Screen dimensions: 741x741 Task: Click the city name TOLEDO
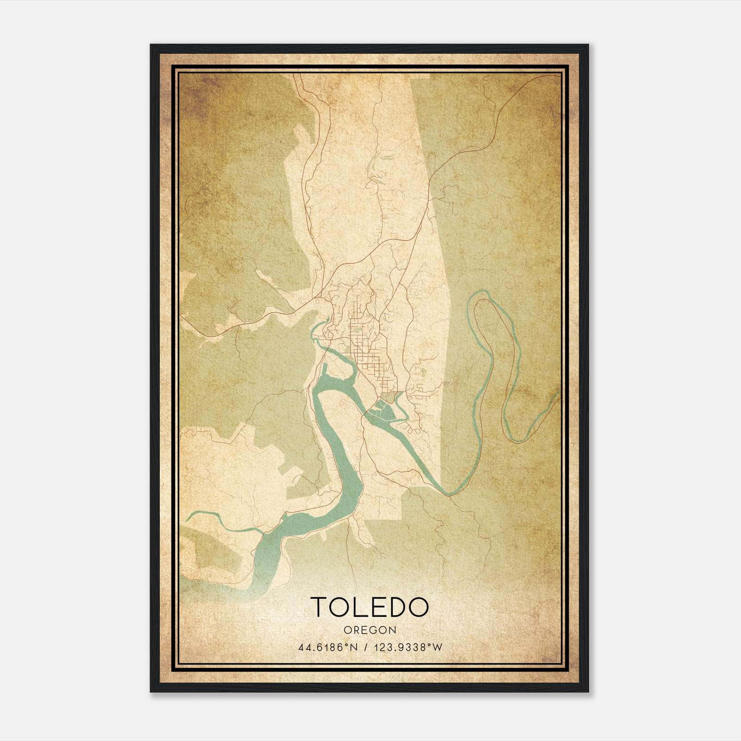point(370,607)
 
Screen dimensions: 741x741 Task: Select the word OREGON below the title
point(370,630)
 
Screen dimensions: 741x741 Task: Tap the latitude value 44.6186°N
point(327,647)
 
